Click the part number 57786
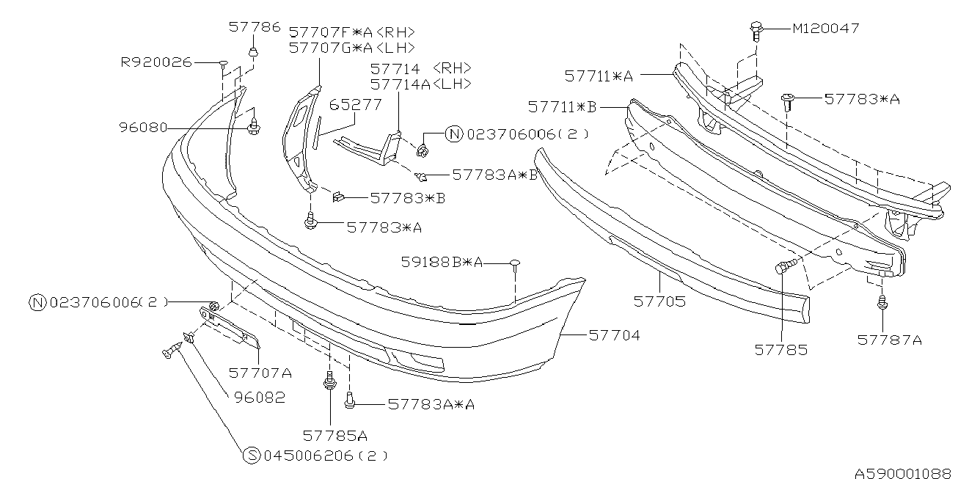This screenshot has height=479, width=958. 254,27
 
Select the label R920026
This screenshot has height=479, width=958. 156,62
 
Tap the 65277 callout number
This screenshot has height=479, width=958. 355,105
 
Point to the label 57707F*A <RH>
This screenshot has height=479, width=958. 352,32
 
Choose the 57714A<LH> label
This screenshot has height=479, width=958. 420,84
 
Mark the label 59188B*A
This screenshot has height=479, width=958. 442,262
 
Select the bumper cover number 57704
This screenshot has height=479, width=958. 614,335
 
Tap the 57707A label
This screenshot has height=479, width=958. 260,373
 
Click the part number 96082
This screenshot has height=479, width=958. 260,397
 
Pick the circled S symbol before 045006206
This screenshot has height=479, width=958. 251,456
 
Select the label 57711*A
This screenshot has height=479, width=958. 599,75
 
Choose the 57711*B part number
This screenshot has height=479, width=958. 562,107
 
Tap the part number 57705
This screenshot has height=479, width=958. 659,301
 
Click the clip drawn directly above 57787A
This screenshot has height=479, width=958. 882,301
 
